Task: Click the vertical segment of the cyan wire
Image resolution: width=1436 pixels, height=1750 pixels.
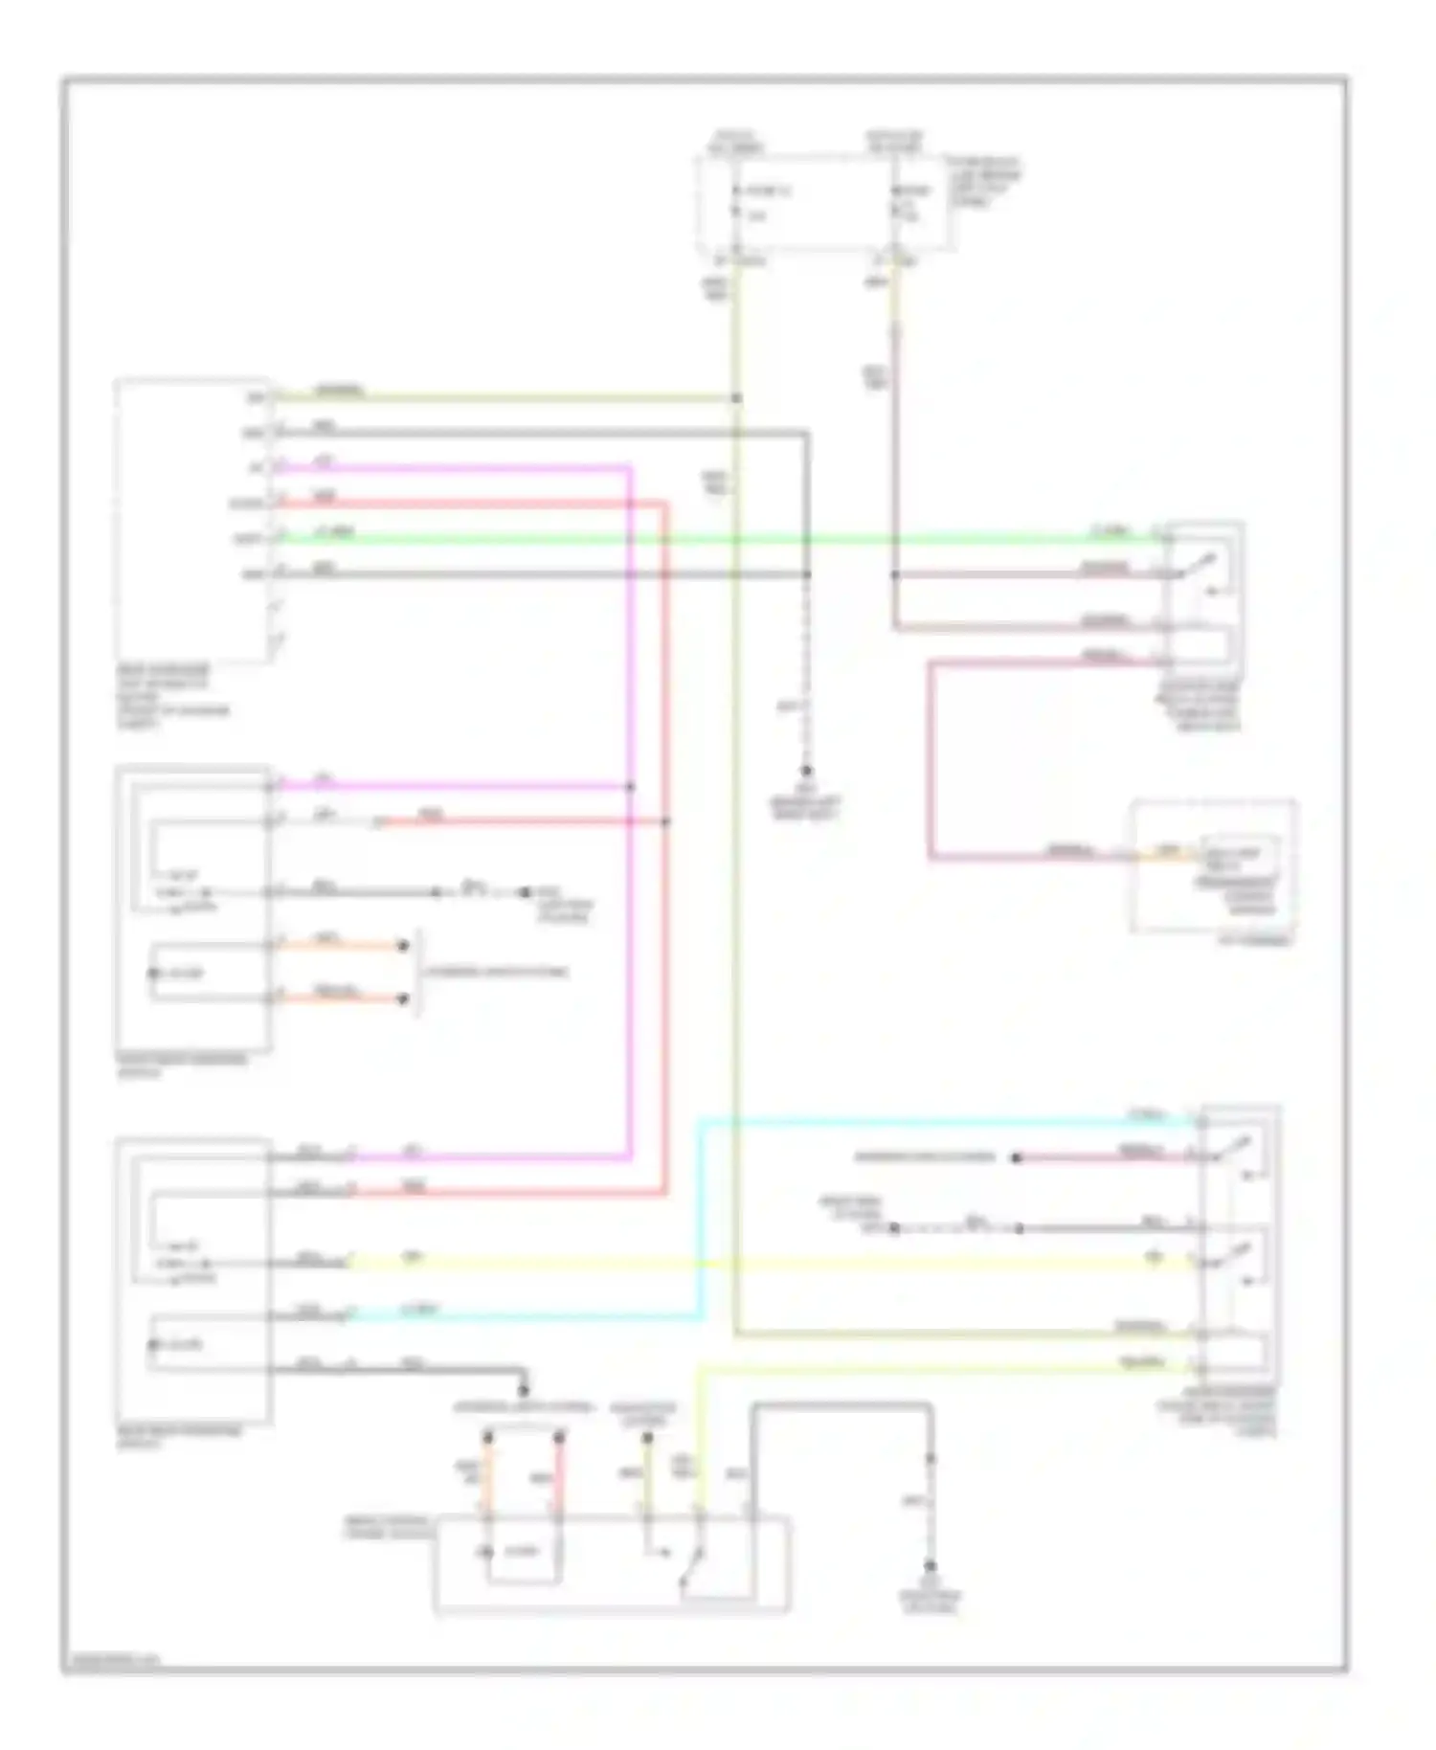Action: click(702, 1216)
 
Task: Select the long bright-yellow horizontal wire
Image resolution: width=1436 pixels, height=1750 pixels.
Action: click(766, 1264)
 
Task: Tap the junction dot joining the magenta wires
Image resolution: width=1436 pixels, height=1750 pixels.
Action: click(630, 787)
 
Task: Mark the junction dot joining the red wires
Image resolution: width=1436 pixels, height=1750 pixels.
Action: click(666, 821)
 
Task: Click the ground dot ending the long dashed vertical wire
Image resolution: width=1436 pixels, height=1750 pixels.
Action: click(806, 771)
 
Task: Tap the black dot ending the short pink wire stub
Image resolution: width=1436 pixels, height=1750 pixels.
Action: click(1017, 1157)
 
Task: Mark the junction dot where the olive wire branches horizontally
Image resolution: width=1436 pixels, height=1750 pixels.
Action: click(736, 397)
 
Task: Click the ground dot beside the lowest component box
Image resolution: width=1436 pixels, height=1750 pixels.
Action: click(930, 1565)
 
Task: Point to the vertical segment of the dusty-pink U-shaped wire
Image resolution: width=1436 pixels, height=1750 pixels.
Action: click(930, 756)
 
